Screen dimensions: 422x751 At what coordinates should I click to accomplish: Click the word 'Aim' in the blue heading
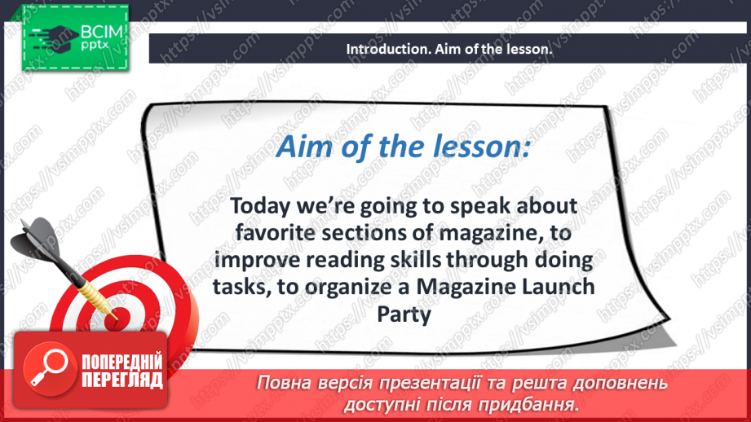click(303, 147)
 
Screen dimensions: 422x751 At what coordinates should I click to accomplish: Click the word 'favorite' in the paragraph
click(273, 234)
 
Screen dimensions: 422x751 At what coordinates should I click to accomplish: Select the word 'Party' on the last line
click(403, 314)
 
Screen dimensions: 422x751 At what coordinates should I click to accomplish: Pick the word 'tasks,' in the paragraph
click(241, 288)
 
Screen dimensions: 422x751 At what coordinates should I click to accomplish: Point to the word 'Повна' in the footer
click(284, 383)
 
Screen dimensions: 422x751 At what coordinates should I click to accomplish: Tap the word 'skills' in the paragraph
click(431, 261)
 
